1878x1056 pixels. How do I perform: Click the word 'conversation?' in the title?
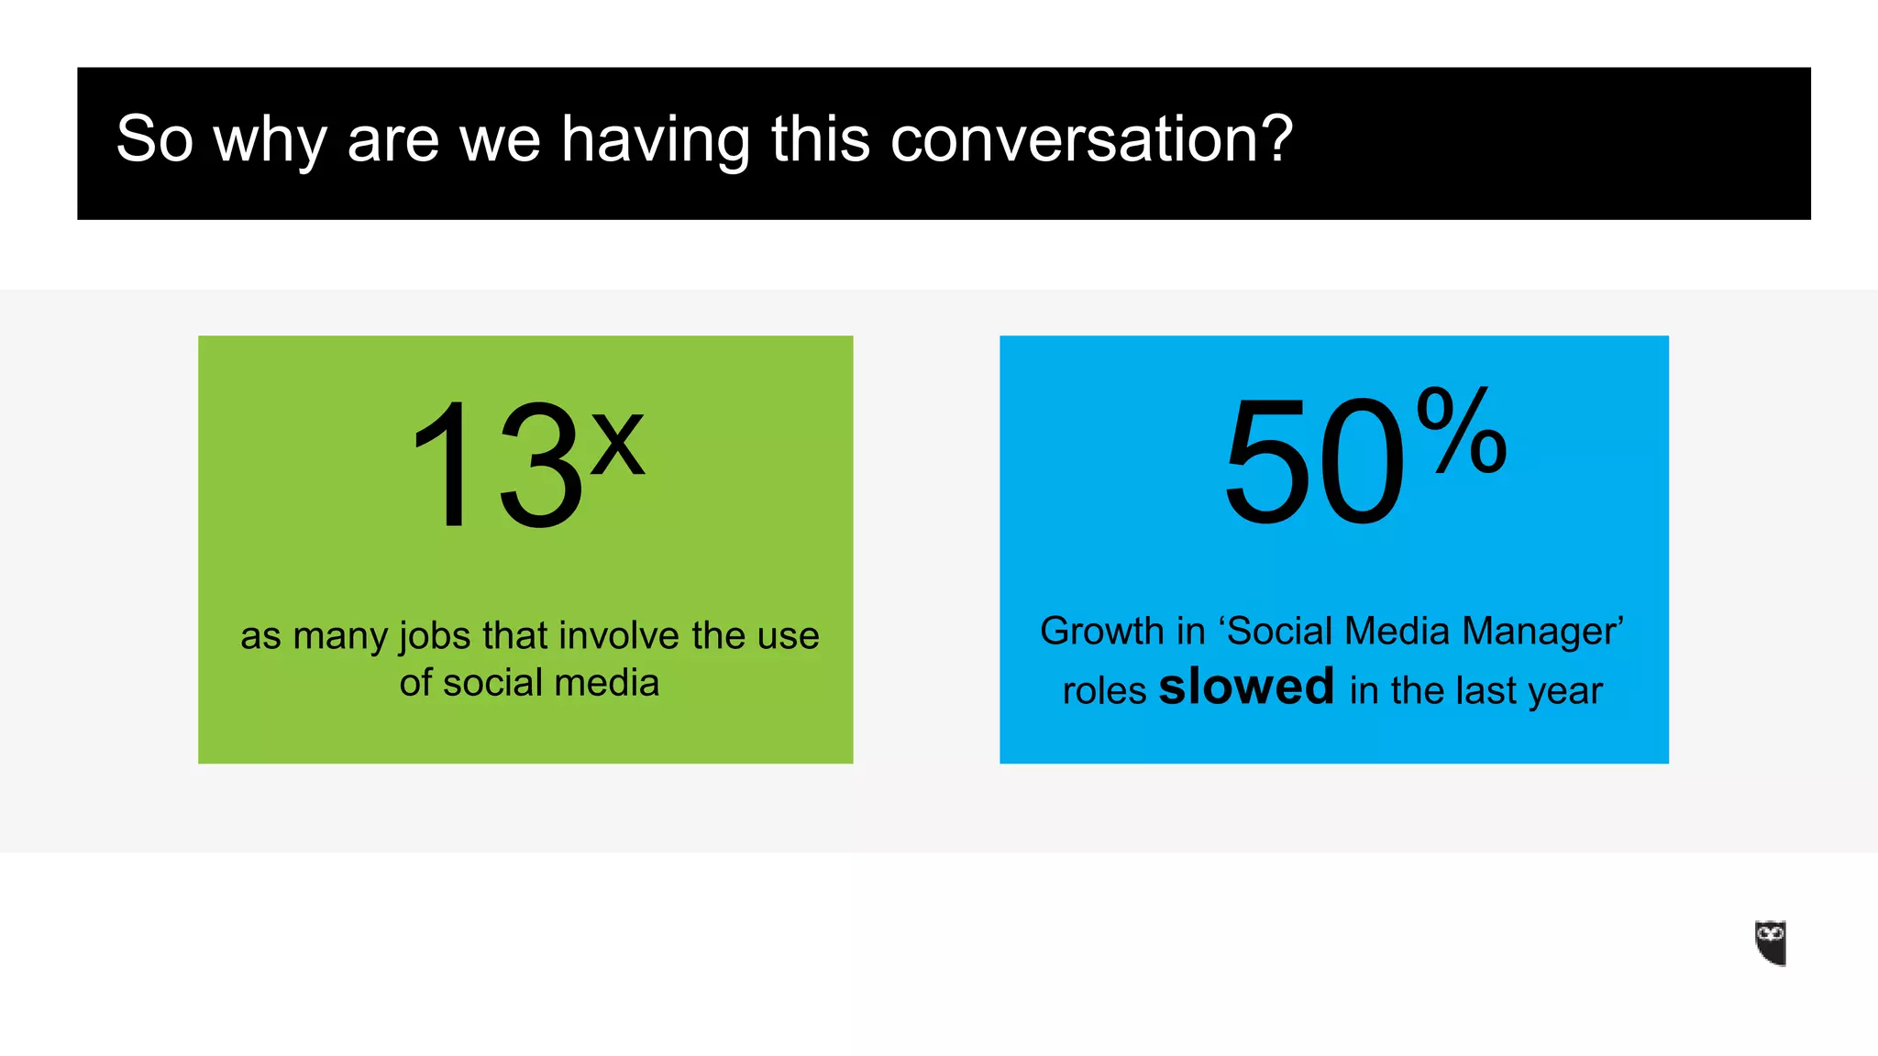pos(1091,139)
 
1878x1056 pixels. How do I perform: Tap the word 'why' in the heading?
pos(270,141)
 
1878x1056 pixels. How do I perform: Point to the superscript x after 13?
pos(617,443)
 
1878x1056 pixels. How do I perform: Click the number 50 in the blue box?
pos(1313,462)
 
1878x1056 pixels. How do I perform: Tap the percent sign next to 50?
pos(1461,430)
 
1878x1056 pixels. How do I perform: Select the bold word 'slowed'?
pos(1246,687)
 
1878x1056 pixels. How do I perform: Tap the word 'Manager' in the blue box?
pos(1541,632)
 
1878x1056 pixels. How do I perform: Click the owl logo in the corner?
pos(1770,942)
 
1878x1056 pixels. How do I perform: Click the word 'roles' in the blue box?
pos(1104,691)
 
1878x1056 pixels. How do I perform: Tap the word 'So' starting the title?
pos(155,139)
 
